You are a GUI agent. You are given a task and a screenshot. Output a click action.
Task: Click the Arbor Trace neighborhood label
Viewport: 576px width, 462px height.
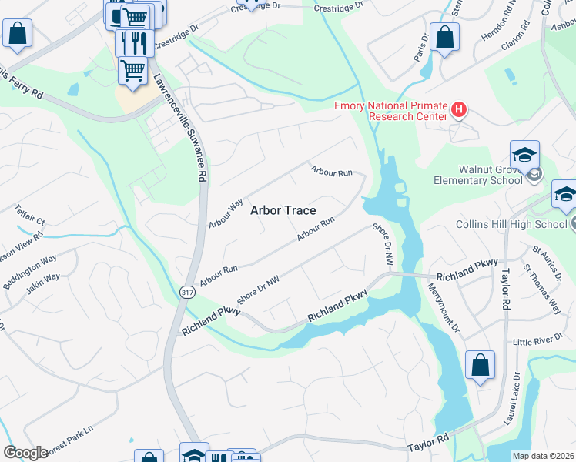(x=283, y=210)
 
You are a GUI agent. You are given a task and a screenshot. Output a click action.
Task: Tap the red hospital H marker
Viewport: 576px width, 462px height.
(x=459, y=110)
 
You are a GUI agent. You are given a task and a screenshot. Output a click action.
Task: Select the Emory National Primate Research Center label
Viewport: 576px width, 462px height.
(x=390, y=111)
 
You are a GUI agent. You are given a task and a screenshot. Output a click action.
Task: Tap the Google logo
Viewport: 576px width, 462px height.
(x=25, y=453)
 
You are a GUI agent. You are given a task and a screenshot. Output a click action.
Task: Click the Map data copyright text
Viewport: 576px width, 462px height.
(x=544, y=456)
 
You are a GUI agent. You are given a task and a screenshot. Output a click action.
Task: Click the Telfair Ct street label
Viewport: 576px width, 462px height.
(x=29, y=215)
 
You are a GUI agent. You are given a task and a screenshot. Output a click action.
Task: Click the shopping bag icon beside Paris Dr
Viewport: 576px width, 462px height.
(x=445, y=38)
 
